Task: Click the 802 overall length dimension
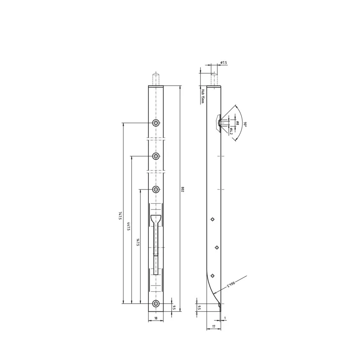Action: [183, 189]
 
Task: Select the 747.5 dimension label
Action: [120, 216]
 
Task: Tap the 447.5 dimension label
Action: [129, 226]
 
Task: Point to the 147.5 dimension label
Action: [137, 243]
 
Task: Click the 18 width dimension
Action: [156, 318]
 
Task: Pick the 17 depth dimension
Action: [214, 326]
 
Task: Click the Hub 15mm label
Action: [202, 96]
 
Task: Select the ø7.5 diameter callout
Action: [223, 63]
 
